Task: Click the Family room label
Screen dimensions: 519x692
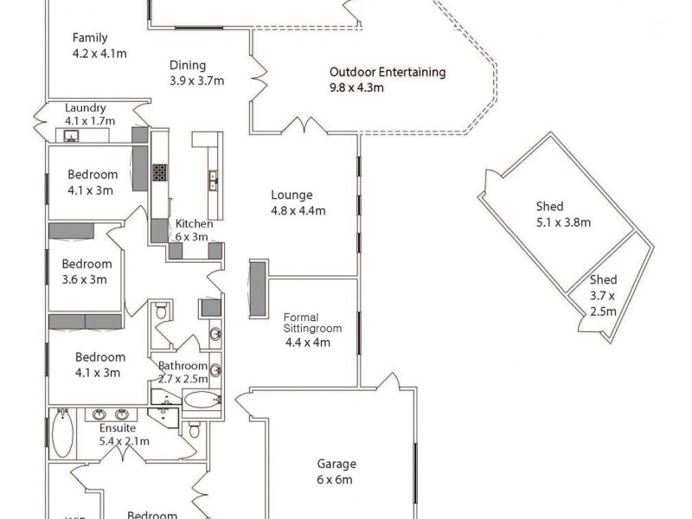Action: click(x=90, y=37)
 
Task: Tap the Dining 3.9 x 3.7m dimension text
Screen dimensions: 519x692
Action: click(x=196, y=81)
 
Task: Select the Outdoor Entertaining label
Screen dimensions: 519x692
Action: click(x=388, y=73)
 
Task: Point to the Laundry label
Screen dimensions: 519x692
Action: click(x=86, y=108)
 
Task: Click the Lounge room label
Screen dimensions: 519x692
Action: click(x=292, y=195)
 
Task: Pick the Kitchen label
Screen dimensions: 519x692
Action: click(x=193, y=224)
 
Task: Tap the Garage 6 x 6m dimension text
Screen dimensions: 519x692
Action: click(x=336, y=479)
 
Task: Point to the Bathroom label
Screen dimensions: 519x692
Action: click(x=183, y=365)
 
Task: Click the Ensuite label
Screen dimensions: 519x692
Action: click(x=118, y=428)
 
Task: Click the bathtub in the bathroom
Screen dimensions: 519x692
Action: click(x=202, y=400)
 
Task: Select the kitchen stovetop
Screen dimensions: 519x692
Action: click(x=160, y=172)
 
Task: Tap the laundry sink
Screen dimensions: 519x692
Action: click(x=69, y=136)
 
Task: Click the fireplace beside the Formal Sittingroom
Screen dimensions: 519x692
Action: click(x=258, y=288)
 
